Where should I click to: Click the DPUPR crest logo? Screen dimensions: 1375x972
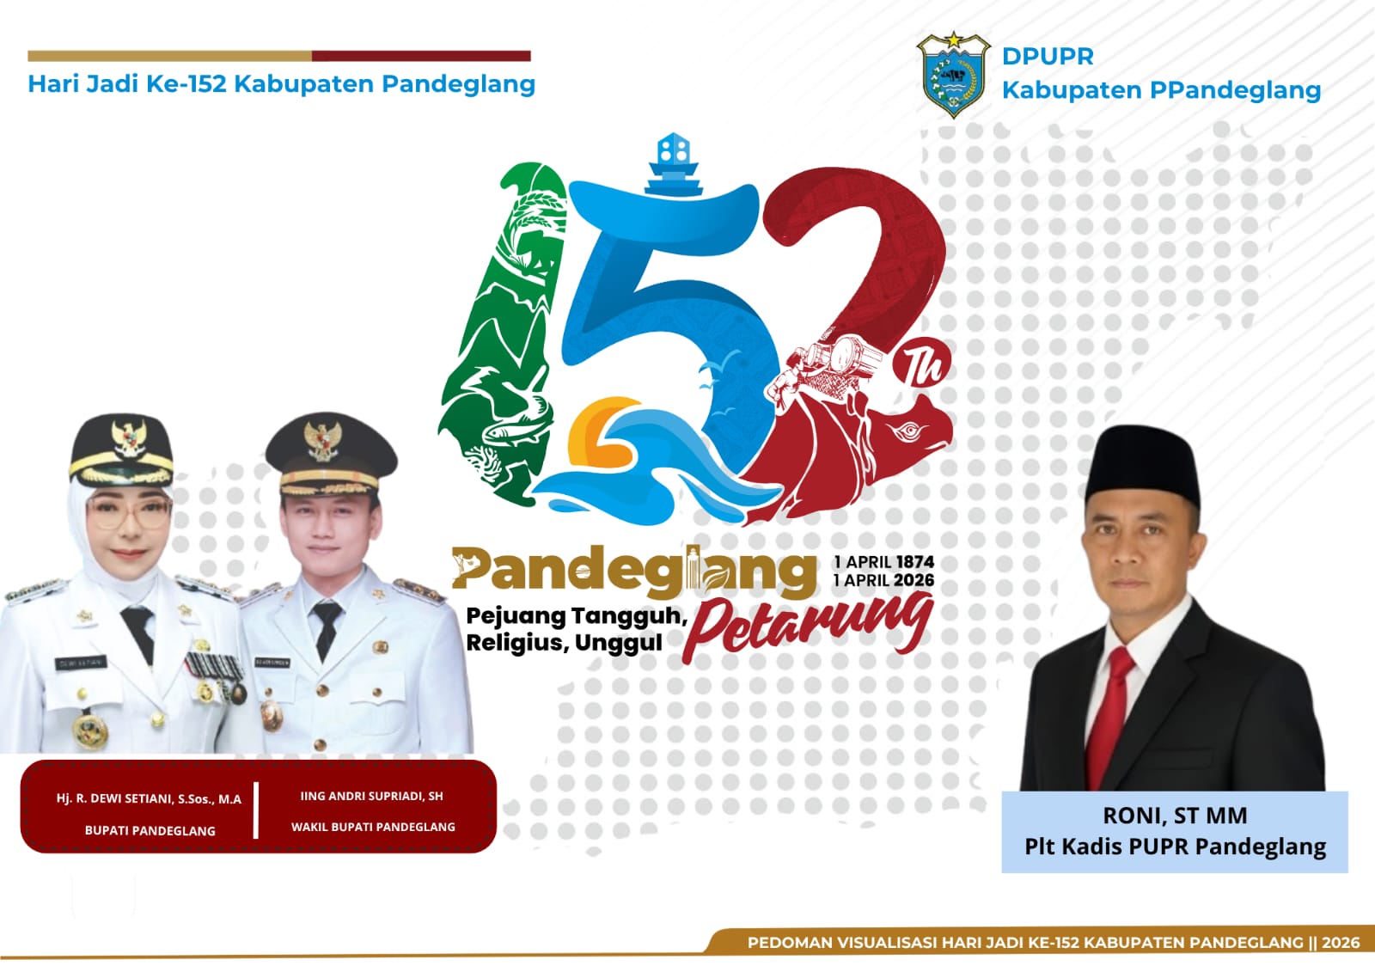(953, 75)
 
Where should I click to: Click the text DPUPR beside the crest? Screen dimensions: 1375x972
(1048, 57)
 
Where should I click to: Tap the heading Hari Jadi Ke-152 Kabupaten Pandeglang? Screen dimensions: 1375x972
(282, 84)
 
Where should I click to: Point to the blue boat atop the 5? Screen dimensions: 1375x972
(673, 164)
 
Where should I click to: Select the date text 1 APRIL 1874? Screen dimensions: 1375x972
(884, 562)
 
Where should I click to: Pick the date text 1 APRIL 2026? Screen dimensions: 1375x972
(884, 580)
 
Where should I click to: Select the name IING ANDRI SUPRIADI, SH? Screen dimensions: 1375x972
(371, 797)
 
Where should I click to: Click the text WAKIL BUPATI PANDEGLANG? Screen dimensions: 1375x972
(373, 827)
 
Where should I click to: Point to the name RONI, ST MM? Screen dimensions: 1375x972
(1175, 816)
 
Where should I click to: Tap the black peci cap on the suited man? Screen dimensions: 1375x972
(1142, 464)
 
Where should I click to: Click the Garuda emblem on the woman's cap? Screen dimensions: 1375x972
(129, 437)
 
